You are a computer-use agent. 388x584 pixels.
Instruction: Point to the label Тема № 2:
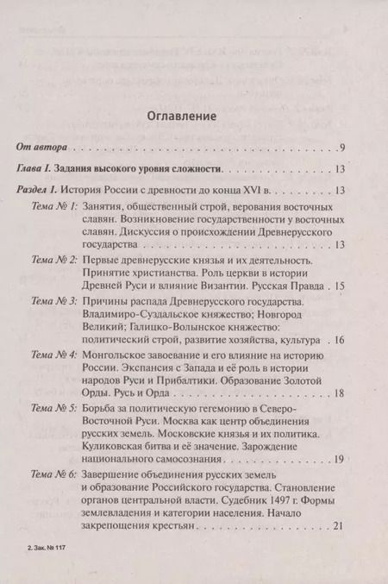(x=54, y=260)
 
